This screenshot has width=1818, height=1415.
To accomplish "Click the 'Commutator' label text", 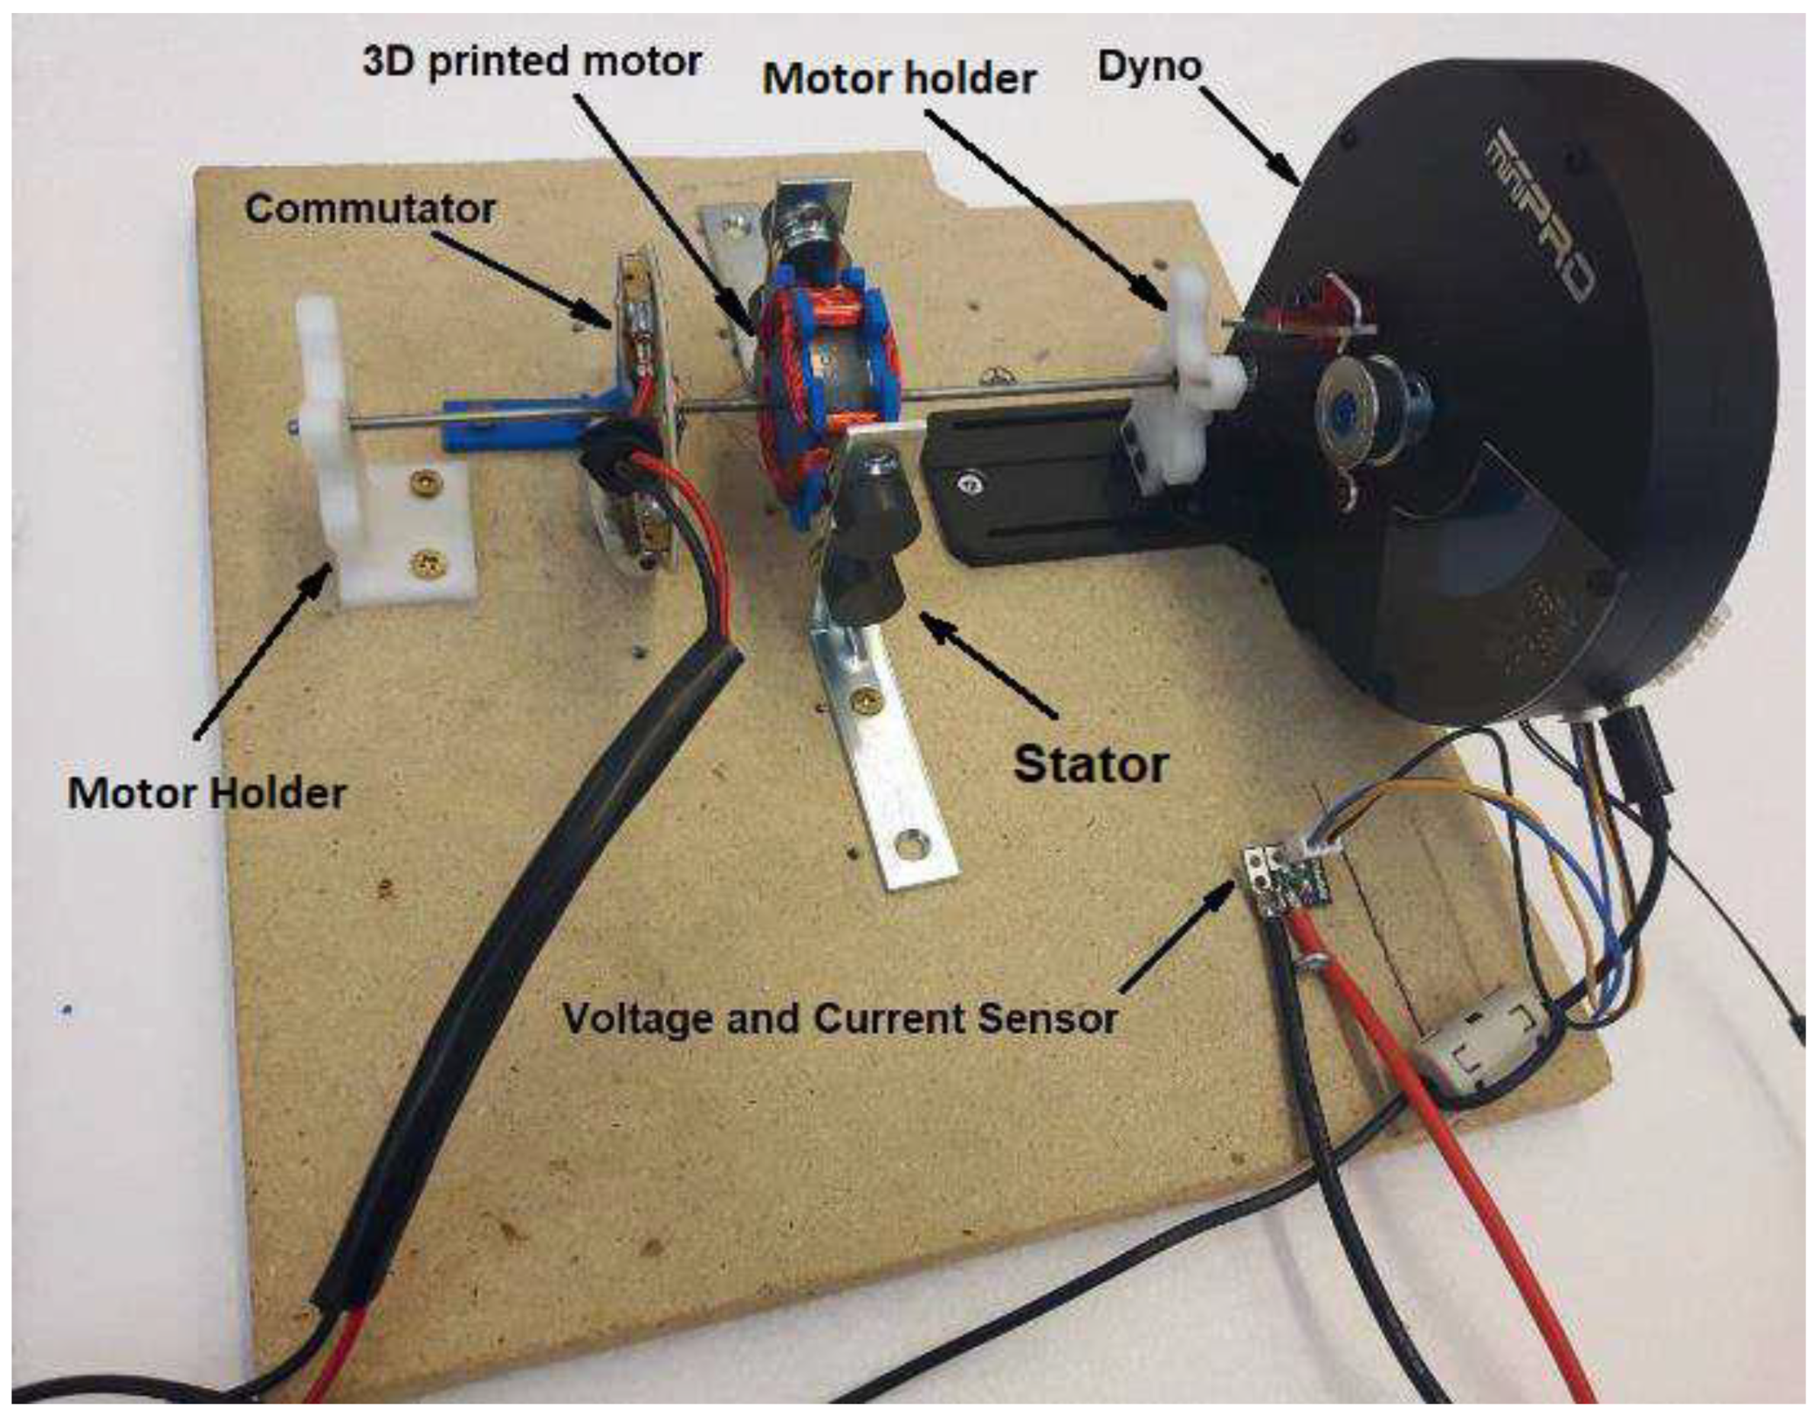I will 370,208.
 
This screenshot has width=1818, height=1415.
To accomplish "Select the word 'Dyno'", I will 1149,66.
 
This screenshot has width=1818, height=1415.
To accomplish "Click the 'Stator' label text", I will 1091,764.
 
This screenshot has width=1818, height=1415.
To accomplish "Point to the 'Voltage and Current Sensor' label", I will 839,1018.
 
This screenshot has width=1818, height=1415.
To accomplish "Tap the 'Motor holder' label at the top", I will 899,79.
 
